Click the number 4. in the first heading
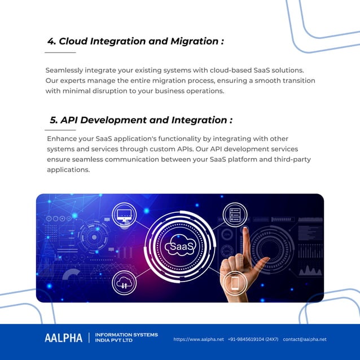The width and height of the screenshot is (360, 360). coord(52,42)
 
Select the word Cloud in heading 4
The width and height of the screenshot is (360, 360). coord(74,42)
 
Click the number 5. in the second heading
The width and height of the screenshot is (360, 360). coord(54,120)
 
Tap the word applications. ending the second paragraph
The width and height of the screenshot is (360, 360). coord(68,169)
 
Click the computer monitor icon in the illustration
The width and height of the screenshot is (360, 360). coord(124,214)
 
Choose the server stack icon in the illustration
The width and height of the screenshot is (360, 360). coord(235,214)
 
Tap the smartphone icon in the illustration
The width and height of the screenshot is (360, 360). coord(234,282)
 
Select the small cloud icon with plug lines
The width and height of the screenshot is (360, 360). coord(124,282)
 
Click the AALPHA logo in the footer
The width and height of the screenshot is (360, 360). coord(63,338)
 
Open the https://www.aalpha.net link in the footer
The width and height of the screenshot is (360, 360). coord(199,340)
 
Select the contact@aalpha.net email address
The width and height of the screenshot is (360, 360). coord(305,340)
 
